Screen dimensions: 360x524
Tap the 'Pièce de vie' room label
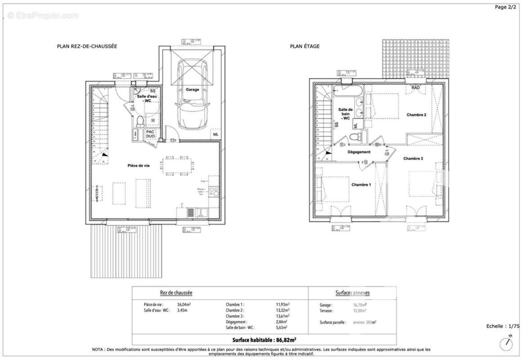(138, 166)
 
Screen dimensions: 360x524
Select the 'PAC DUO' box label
(151, 134)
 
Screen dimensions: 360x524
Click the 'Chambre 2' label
(416, 115)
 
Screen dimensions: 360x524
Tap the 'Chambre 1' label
(361, 185)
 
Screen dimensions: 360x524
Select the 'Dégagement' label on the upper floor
(359, 152)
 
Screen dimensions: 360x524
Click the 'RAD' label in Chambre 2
(416, 88)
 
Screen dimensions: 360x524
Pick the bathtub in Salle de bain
(347, 91)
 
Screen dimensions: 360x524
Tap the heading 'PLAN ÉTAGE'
(305, 46)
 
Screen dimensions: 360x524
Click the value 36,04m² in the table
(185, 305)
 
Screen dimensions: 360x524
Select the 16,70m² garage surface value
(360, 305)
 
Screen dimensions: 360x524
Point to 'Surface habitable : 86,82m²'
(264, 340)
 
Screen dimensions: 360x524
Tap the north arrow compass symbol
(507, 344)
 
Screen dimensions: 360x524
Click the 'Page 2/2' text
(506, 7)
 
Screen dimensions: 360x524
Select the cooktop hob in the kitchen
(214, 192)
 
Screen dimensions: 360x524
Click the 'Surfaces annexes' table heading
(352, 292)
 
